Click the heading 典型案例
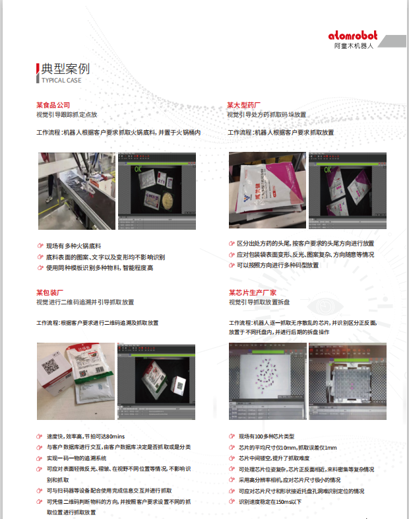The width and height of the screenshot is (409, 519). click(x=65, y=69)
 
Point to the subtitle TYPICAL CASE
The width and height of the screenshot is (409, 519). click(x=61, y=80)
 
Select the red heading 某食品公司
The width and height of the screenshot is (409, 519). click(x=53, y=105)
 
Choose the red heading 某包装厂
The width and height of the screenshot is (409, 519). click(x=49, y=292)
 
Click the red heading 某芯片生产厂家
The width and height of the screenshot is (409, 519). click(x=253, y=292)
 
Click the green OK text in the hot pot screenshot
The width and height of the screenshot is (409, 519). click(x=139, y=169)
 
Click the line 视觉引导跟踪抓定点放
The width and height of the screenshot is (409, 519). click(x=67, y=114)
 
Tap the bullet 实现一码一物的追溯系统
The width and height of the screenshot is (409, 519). click(x=77, y=458)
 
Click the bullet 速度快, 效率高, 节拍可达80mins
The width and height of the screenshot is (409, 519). click(x=86, y=436)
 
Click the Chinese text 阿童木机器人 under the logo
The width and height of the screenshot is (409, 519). click(x=354, y=47)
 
